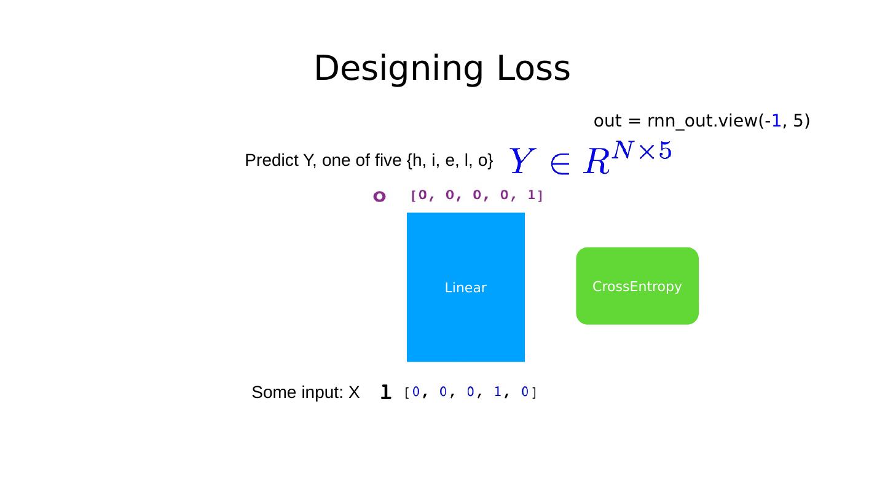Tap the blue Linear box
click(465, 287)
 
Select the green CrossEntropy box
click(637, 286)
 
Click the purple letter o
click(379, 196)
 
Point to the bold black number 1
click(385, 392)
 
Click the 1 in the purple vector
click(531, 195)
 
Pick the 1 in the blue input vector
click(497, 392)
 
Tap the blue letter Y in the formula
click(521, 161)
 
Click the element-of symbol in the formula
click(559, 163)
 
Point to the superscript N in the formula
click(623, 150)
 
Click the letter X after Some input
click(353, 392)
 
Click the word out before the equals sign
click(607, 121)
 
